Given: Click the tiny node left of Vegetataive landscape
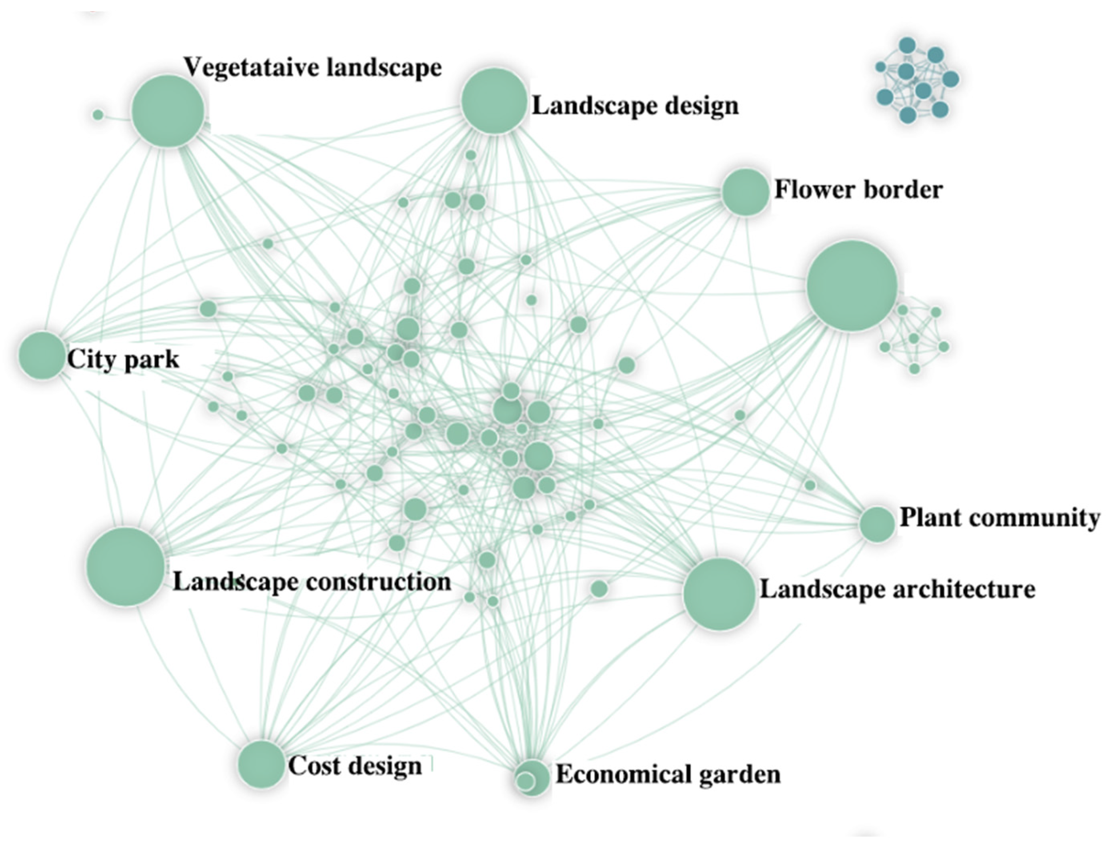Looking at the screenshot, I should coord(98,115).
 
